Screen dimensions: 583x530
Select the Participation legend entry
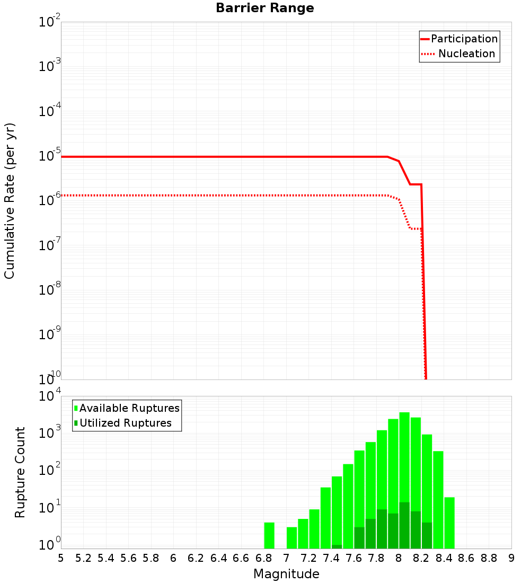pyautogui.click(x=459, y=39)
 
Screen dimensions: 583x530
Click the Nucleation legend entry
pyautogui.click(x=459, y=54)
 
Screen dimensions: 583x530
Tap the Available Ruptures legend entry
pyautogui.click(x=127, y=409)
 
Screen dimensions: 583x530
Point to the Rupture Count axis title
pyautogui.click(x=20, y=472)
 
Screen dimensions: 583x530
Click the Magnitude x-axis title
pyautogui.click(x=286, y=574)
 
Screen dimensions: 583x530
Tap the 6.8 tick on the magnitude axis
pyautogui.click(x=263, y=558)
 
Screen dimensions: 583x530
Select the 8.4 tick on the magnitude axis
pyautogui.click(x=444, y=558)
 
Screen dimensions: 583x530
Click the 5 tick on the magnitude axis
pyautogui.click(x=61, y=558)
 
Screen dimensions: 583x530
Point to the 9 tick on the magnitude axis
pyautogui.click(x=511, y=558)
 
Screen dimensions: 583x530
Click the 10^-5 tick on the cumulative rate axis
pyautogui.click(x=50, y=156)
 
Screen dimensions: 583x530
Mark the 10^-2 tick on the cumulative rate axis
pyautogui.click(x=50, y=22)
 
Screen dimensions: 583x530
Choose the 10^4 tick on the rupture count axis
pyautogui.click(x=50, y=396)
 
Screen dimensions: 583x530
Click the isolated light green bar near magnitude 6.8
pyautogui.click(x=269, y=535)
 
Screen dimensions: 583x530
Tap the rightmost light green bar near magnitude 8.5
pyautogui.click(x=449, y=523)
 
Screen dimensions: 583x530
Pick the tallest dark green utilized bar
pyautogui.click(x=404, y=525)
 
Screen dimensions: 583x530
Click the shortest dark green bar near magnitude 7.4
pyautogui.click(x=337, y=546)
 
